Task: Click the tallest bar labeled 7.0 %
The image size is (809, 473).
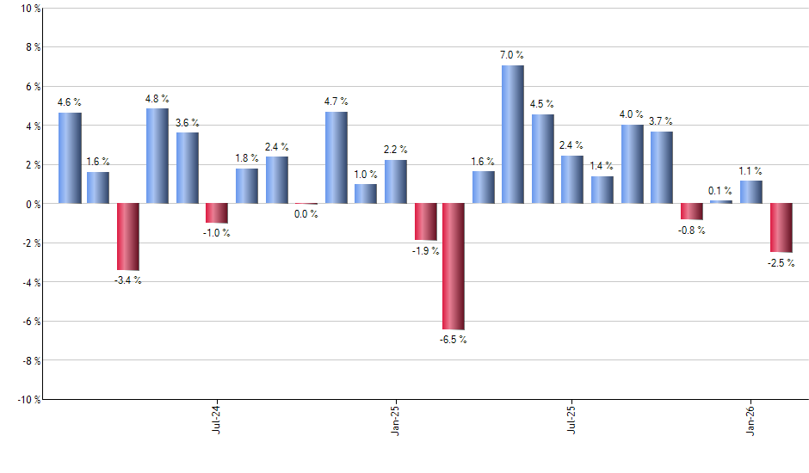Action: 512,134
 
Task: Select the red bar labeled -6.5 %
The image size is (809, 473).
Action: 454,266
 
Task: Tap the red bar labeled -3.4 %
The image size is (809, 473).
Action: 128,236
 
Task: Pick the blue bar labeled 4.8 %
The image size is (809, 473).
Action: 157,156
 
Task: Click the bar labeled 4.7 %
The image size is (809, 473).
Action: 337,157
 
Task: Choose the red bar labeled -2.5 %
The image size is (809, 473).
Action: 781,227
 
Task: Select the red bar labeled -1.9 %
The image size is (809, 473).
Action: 425,221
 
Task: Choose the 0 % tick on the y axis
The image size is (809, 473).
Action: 33,204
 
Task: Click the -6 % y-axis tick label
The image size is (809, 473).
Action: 30,322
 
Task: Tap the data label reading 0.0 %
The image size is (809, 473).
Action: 306,214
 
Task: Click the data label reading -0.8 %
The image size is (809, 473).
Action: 692,230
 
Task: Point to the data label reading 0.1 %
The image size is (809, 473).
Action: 721,190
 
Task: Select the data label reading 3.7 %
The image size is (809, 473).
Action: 661,121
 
